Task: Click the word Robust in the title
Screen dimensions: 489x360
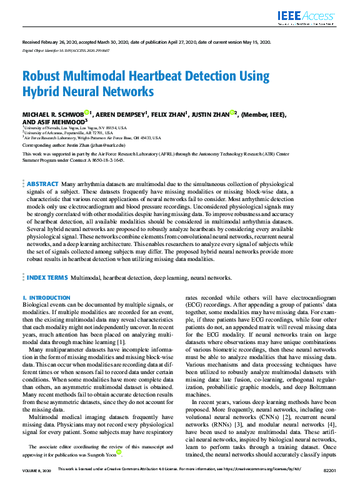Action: coord(42,77)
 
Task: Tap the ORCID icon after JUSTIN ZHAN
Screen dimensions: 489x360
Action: coord(232,113)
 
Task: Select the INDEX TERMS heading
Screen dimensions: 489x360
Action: coord(47,277)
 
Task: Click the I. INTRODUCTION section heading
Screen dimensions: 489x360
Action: coord(46,298)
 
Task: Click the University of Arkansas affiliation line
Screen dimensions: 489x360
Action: coord(68,133)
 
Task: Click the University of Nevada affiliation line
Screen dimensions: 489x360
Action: coord(69,128)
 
